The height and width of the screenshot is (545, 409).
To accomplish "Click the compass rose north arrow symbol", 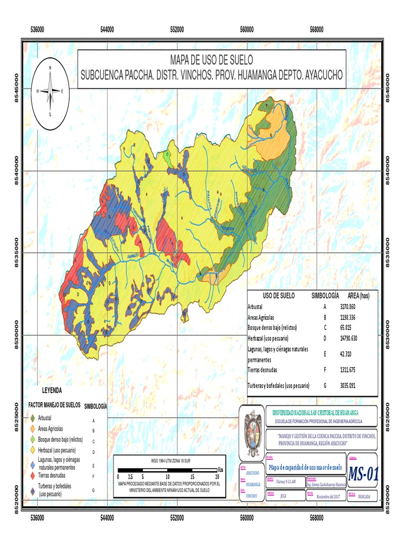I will pos(50,91).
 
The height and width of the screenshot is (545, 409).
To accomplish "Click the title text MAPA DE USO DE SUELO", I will pos(211,59).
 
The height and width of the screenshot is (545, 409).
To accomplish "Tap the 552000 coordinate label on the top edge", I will pos(177,30).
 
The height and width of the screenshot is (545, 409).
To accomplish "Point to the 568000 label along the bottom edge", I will pos(316,516).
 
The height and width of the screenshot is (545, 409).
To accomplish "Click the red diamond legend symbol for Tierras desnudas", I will pos(33,475).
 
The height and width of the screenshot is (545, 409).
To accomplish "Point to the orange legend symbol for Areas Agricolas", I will pos(33,429).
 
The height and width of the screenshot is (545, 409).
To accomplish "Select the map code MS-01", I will pos(363,473).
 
